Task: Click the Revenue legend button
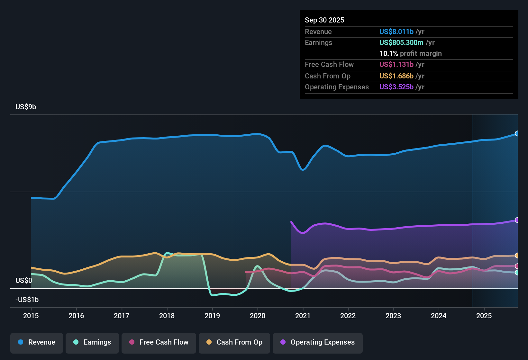tap(37, 342)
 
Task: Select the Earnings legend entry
tap(92, 342)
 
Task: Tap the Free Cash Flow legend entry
tap(159, 342)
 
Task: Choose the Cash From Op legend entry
tap(234, 342)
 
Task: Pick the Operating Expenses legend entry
tap(318, 342)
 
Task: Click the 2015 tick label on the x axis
tap(31, 316)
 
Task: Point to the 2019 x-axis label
tap(212, 316)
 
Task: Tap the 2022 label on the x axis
tap(348, 316)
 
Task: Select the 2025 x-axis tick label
tap(484, 316)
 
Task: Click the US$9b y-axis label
tap(26, 107)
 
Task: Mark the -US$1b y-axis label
tap(27, 300)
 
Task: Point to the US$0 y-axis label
tap(24, 281)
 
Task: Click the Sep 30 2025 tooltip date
tap(324, 20)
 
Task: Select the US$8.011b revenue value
tap(396, 32)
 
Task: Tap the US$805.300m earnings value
tap(401, 43)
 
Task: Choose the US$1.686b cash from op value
tap(396, 76)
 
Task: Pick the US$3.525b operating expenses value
tap(396, 87)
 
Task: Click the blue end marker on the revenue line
tap(517, 134)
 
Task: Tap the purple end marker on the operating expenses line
tap(517, 220)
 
